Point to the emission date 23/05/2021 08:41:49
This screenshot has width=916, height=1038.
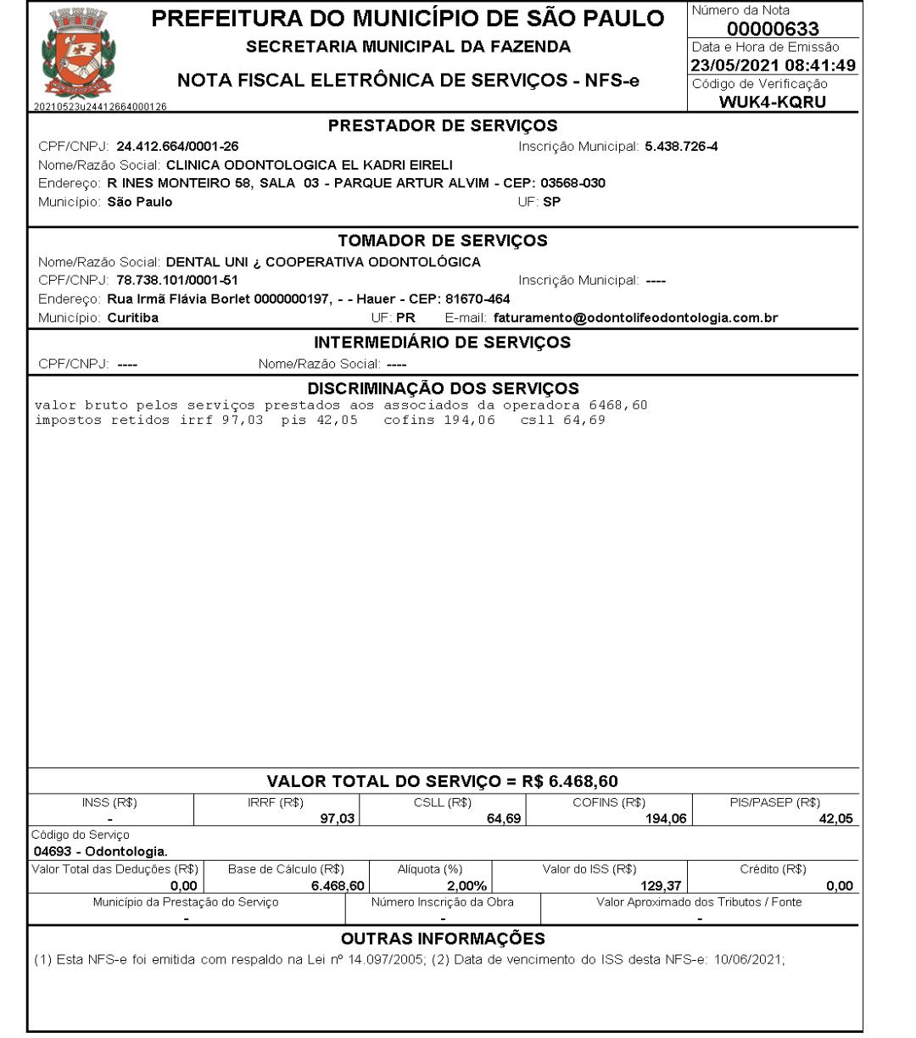click(773, 65)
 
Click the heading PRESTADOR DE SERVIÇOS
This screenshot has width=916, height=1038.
click(443, 126)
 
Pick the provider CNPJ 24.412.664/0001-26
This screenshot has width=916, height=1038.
click(177, 147)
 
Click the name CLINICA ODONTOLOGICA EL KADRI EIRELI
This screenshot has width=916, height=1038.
click(310, 165)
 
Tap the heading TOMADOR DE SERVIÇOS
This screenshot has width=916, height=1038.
click(443, 241)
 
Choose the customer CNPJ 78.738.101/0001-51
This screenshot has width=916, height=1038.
click(177, 280)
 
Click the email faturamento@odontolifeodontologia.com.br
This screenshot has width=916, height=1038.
click(635, 318)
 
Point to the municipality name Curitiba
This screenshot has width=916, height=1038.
click(133, 318)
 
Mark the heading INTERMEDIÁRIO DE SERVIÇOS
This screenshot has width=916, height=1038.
click(443, 343)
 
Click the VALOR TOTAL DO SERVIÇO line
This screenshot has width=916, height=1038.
click(443, 781)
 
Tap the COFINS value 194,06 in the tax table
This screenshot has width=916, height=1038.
click(664, 818)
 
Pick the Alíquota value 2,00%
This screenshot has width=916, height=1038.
click(466, 886)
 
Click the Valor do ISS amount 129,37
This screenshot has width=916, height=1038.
click(658, 886)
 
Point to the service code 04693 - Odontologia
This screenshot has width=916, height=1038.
click(99, 851)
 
